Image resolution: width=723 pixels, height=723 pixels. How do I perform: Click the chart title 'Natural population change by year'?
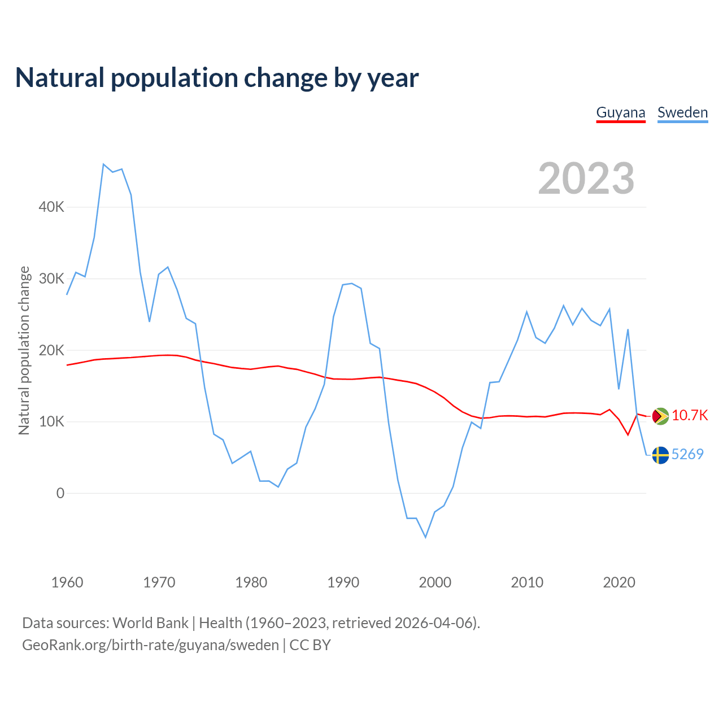point(217,78)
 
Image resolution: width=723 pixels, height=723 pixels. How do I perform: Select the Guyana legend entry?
point(621,112)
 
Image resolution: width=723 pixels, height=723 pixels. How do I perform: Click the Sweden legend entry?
point(682,112)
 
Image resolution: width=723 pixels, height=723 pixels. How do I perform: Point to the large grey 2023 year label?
point(586,178)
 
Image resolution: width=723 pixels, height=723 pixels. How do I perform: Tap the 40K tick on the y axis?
point(52,207)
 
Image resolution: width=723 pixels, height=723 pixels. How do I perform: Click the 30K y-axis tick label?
point(52,278)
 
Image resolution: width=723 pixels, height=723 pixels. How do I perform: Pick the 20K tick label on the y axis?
point(52,350)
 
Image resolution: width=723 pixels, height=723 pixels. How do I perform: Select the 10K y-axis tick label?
point(52,421)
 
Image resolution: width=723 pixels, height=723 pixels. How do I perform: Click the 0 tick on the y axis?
point(60,493)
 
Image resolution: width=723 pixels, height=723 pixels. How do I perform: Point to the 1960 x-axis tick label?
point(67,582)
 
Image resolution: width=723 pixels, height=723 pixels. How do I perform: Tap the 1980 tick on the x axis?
point(251,582)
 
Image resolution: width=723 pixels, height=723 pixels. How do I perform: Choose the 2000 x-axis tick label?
point(435,582)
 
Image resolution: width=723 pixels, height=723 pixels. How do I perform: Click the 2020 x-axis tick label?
point(619,582)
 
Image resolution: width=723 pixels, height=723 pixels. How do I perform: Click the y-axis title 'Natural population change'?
point(24,350)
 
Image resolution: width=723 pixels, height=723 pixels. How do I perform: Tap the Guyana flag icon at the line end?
point(660,416)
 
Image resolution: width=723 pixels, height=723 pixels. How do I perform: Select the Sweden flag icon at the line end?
point(660,455)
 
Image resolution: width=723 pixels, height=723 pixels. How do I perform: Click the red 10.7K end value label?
point(690,416)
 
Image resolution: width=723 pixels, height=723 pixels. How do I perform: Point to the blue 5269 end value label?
point(687,454)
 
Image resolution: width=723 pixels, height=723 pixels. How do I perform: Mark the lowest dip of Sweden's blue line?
point(425,537)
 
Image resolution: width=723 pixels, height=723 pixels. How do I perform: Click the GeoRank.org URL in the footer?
point(150,645)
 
